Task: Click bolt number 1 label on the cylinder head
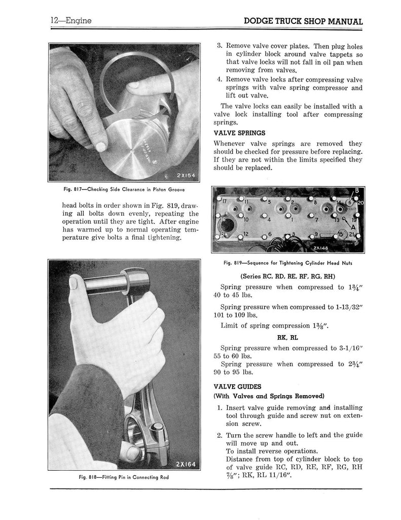click(x=293, y=220)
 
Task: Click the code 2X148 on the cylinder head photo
click(x=321, y=248)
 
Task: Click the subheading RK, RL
click(x=288, y=336)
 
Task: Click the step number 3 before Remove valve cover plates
click(x=219, y=46)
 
